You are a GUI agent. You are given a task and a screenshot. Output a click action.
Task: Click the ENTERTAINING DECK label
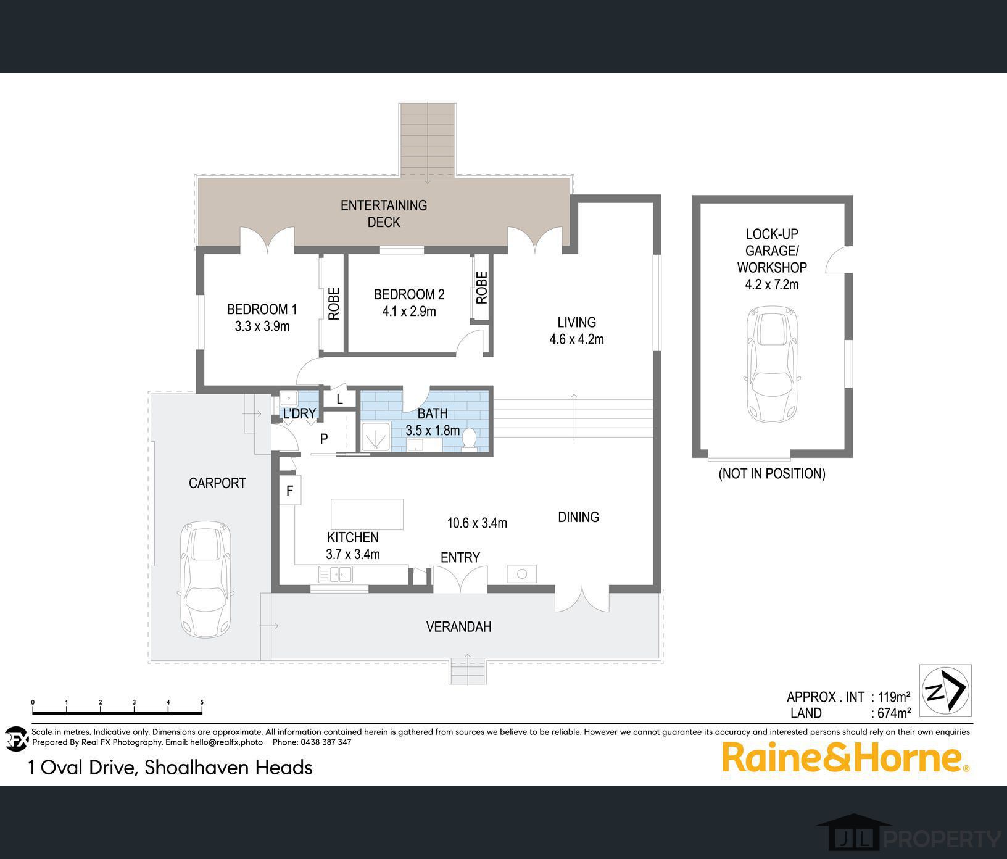coord(384,214)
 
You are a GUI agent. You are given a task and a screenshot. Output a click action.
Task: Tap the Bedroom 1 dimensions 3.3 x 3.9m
coord(262,326)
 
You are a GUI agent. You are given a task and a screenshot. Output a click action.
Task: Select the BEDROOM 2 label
coord(409,295)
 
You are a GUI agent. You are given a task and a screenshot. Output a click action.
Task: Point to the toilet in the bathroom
coord(470,439)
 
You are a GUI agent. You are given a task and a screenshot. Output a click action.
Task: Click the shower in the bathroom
coord(376,438)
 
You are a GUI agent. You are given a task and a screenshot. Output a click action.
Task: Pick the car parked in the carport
coord(207,581)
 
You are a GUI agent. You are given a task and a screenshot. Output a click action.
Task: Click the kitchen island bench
coord(367,514)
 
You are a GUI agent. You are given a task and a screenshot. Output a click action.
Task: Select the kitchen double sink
coord(335,575)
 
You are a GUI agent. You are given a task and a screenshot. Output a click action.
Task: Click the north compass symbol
coord(945,691)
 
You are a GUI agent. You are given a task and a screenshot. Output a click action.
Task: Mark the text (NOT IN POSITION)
coord(772,473)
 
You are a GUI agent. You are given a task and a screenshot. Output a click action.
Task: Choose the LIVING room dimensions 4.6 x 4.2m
coord(576,339)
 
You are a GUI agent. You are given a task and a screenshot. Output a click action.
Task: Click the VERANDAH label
coord(458,627)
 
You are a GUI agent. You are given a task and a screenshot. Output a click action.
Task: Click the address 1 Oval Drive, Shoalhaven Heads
coord(170,768)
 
